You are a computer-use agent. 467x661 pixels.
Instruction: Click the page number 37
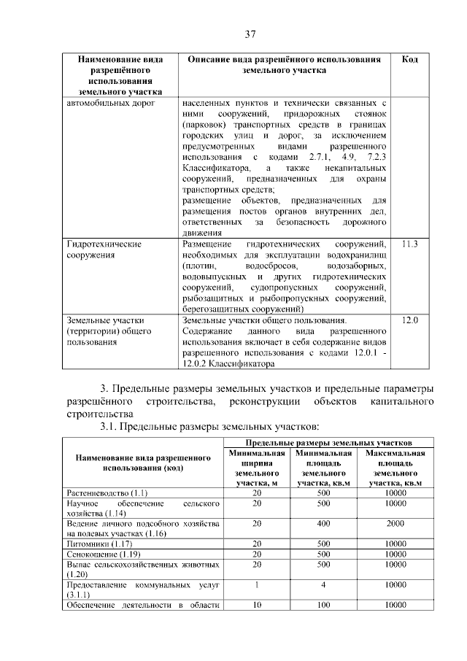click(250, 34)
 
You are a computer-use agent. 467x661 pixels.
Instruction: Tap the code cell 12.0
click(409, 320)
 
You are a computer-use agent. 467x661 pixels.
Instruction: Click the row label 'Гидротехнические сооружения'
click(104, 250)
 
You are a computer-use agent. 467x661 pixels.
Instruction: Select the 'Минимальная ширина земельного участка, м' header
click(256, 468)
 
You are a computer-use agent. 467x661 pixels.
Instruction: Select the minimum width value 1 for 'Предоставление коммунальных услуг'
click(256, 585)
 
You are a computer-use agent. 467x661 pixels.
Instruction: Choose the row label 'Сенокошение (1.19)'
click(96, 554)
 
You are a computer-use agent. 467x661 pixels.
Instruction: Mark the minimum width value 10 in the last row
click(256, 605)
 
